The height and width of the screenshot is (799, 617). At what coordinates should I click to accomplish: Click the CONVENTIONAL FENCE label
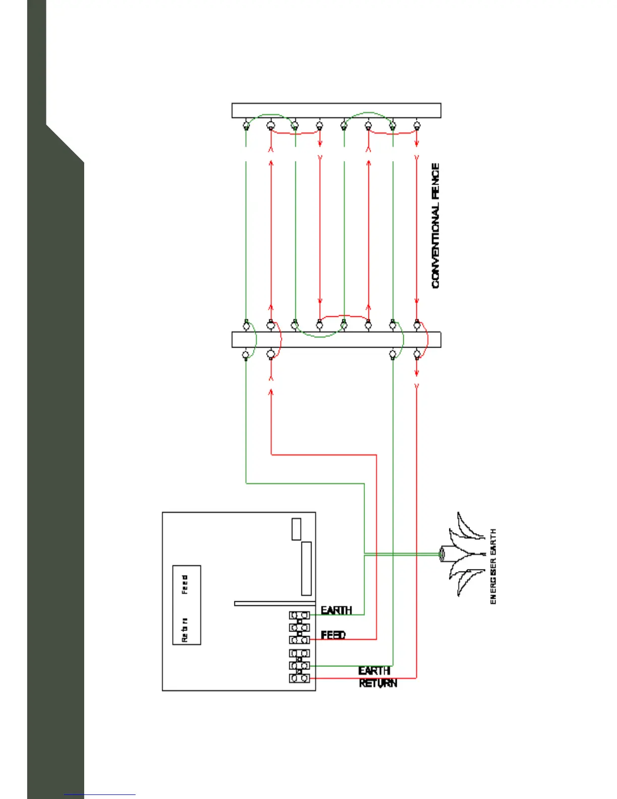tap(436, 225)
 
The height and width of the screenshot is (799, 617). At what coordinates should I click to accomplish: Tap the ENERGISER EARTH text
tap(493, 566)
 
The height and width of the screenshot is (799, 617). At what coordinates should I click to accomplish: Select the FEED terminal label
tap(333, 635)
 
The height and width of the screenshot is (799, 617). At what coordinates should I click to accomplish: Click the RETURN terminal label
tap(378, 683)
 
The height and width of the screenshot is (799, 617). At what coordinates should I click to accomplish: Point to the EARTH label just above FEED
tap(336, 610)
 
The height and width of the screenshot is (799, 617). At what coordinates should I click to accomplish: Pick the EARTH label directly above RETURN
tap(374, 671)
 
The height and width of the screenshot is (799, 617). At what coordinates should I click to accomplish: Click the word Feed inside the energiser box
tap(185, 584)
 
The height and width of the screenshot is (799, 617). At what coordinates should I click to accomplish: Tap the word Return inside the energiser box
tap(185, 630)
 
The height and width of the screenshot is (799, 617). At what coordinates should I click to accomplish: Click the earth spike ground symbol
tap(461, 554)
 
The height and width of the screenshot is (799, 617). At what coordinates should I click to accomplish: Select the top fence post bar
tap(336, 110)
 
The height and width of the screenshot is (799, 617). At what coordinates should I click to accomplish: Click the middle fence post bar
tap(336, 339)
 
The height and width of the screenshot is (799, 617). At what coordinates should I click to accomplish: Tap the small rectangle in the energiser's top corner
tap(296, 529)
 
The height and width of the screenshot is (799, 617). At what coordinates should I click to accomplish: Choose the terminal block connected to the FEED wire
tap(299, 640)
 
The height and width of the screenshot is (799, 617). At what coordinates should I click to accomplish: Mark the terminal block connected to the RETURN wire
tap(299, 678)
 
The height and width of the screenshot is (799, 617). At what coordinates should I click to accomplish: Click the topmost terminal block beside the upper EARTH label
tap(299, 615)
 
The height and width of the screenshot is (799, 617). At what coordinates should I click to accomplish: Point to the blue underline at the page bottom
tap(100, 795)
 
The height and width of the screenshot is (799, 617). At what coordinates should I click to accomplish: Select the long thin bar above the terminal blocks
tap(275, 603)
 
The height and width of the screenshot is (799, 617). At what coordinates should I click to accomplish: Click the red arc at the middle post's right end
tap(426, 339)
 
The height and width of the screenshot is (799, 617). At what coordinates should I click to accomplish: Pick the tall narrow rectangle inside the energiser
tap(306, 568)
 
